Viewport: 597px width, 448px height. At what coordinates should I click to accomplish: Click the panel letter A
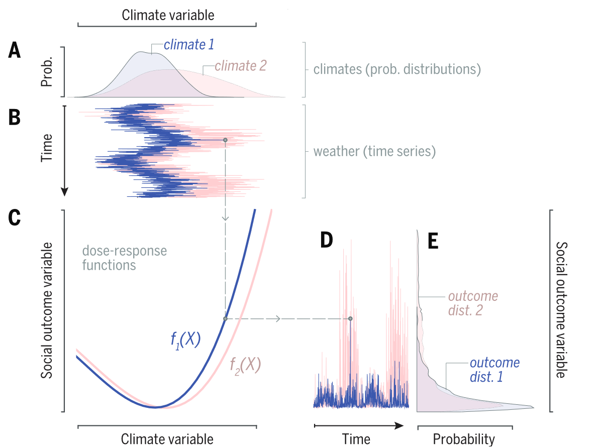tap(15, 51)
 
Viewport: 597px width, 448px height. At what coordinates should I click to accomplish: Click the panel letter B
tap(15, 118)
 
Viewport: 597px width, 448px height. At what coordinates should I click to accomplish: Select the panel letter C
tap(15, 217)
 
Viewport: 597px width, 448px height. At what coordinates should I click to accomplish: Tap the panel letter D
tap(327, 242)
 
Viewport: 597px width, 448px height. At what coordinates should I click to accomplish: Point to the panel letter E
tap(433, 242)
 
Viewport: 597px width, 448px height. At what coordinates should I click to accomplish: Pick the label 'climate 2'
tap(241, 65)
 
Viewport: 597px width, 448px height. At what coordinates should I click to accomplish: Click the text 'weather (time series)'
tap(374, 151)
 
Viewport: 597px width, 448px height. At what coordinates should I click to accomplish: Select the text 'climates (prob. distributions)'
tap(397, 69)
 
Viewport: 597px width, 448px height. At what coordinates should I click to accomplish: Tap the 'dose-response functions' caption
tap(125, 258)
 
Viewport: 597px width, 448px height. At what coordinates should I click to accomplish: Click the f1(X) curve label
tap(185, 341)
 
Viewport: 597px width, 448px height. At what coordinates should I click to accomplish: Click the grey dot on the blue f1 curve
tap(225, 319)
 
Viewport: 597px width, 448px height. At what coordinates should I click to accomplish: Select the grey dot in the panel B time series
tap(225, 140)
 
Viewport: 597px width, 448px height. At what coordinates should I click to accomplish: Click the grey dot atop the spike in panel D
tap(350, 319)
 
